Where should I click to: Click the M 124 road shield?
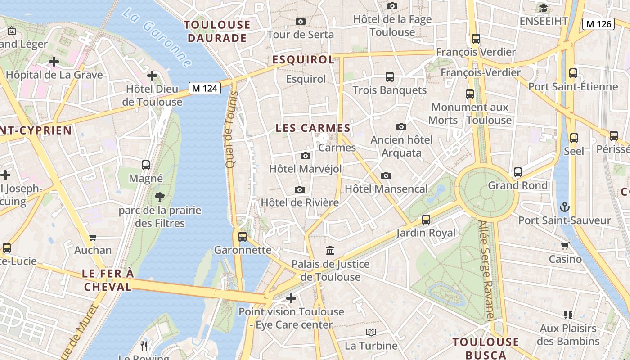205,88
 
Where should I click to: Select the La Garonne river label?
156,37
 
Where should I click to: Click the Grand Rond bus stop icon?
518,172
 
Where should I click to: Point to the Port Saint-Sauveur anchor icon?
564,207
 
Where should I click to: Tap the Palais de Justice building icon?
330,250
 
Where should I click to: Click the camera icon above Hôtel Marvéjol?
306,156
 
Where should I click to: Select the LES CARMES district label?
313,128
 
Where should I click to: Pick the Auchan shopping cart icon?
93,237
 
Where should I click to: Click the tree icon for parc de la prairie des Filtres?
159,197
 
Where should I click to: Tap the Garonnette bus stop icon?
243,236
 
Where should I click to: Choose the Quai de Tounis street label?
231,130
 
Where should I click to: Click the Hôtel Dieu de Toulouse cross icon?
152,75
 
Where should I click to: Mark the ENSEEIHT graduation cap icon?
543,8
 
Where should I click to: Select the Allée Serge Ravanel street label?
486,270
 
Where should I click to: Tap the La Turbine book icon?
371,332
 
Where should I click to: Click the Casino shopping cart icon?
565,246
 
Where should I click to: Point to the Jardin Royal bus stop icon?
426,220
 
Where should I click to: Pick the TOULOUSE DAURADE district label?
217,31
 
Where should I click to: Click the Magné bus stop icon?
146,165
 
